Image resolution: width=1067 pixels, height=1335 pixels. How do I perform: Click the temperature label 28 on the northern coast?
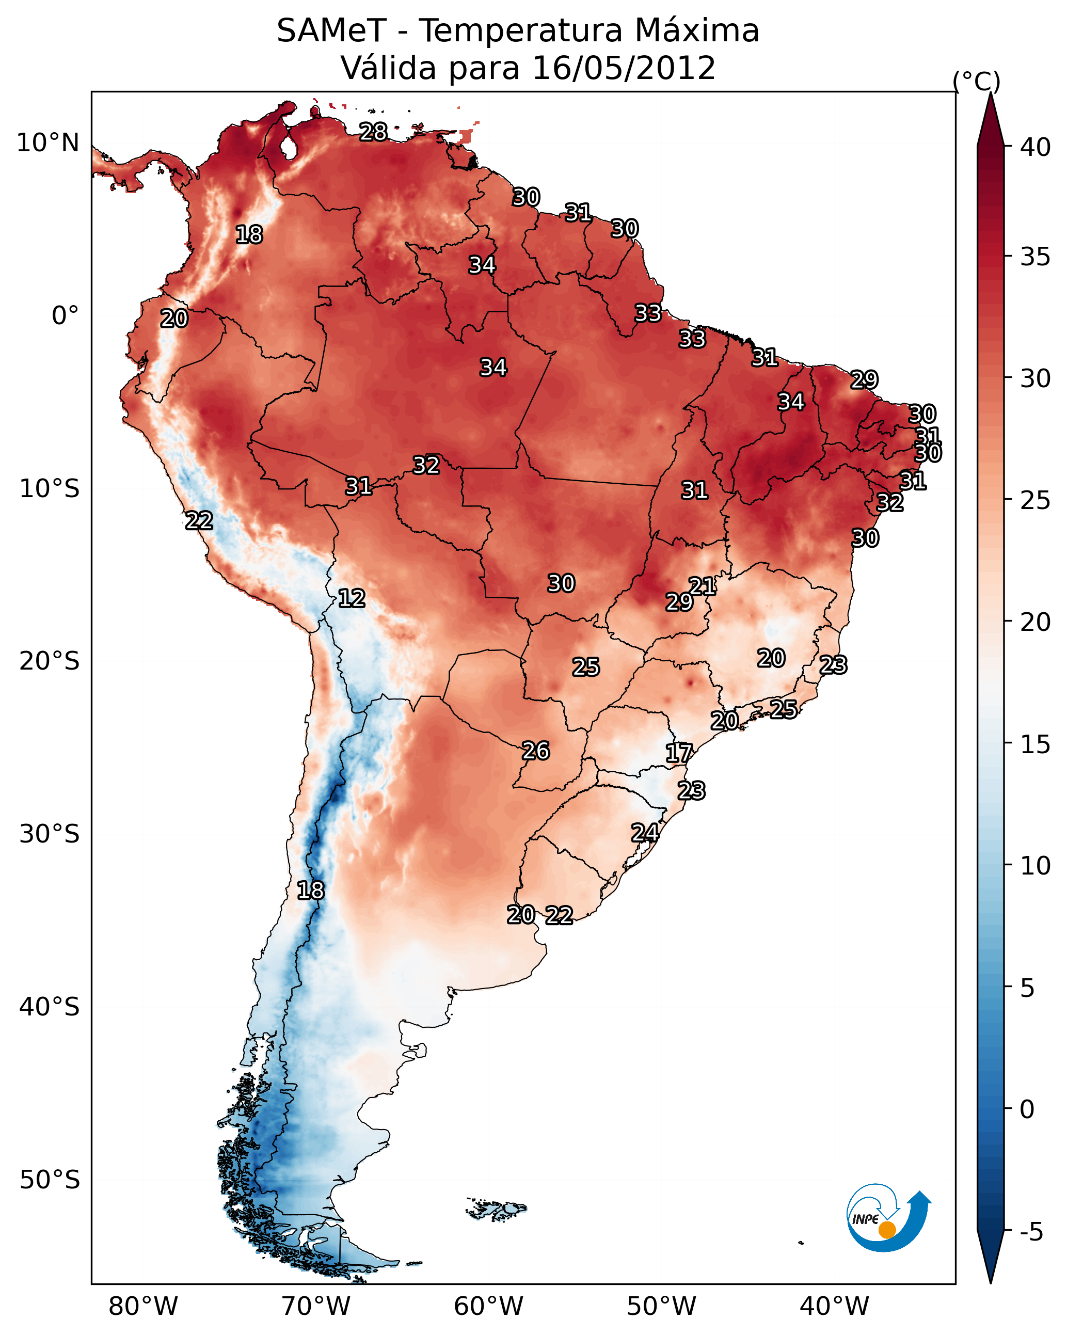click(373, 132)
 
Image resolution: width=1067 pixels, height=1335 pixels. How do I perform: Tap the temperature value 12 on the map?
click(352, 598)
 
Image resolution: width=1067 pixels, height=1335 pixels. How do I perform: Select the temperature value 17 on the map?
click(679, 753)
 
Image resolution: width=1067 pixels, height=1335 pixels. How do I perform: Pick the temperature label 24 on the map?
click(645, 832)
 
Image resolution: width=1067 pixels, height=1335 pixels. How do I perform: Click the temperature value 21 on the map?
click(702, 586)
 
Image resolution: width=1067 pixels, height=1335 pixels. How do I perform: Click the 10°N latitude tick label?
click(47, 143)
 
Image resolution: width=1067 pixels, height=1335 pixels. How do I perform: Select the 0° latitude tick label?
click(65, 316)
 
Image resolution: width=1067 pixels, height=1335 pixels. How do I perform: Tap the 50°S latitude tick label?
click(50, 1180)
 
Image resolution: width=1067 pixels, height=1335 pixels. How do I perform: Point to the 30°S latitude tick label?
click(50, 834)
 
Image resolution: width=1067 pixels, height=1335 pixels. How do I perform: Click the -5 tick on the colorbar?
click(1031, 1232)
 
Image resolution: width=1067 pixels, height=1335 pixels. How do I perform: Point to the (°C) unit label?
click(977, 81)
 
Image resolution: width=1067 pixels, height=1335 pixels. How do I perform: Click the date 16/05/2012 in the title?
click(624, 68)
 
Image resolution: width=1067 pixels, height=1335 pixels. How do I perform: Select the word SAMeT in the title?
click(331, 31)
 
